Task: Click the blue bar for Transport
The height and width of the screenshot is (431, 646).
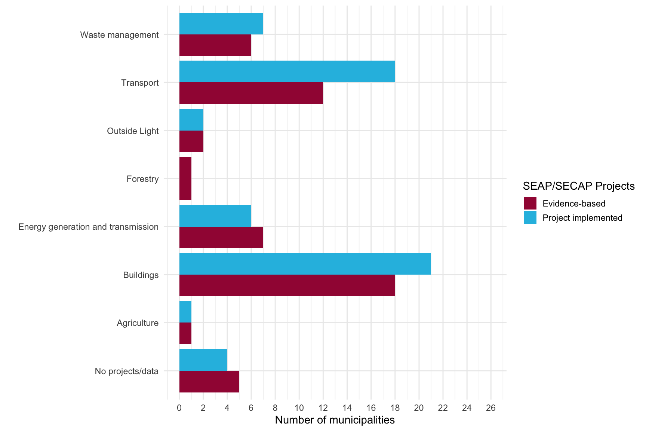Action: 287,71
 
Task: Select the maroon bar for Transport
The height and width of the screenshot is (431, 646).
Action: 251,93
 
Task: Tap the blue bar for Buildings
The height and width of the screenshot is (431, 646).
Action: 305,264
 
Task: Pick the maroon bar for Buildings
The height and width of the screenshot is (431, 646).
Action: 287,285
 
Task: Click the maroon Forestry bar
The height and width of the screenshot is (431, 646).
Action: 185,178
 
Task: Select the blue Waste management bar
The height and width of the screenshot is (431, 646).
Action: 221,24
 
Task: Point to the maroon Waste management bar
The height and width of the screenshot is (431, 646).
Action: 215,45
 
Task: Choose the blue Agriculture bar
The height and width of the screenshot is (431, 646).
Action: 185,312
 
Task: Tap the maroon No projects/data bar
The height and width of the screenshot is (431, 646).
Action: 209,382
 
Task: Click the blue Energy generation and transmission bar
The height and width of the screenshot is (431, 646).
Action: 215,215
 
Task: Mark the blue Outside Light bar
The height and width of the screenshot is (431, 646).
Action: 191,120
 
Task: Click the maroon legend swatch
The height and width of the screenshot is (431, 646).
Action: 530,203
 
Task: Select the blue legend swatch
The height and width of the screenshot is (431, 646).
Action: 530,217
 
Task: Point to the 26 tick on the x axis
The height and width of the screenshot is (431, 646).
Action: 490,408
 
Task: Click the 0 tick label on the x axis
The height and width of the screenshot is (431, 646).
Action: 179,408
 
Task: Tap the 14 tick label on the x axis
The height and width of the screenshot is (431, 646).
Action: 347,408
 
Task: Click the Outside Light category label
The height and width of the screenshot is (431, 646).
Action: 133,131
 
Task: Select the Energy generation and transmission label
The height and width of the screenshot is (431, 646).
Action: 88,227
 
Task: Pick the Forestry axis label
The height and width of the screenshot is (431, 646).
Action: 142,179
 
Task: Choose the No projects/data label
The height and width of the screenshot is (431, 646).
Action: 126,371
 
